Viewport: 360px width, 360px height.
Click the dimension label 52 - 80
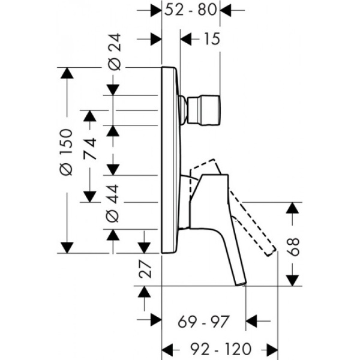(191, 10)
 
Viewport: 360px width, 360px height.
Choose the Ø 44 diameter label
(115, 201)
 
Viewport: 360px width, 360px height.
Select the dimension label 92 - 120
(218, 349)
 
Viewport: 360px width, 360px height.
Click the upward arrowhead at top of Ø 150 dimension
(67, 74)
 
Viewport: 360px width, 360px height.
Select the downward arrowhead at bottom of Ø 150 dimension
(67, 247)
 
